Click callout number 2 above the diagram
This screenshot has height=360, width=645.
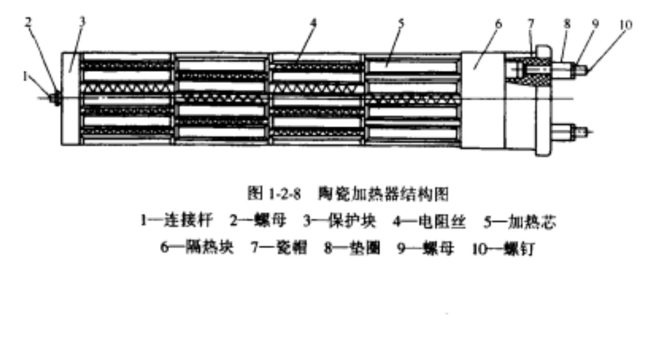point(28,22)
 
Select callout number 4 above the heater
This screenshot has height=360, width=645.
point(314,22)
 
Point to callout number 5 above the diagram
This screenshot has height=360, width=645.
point(401,22)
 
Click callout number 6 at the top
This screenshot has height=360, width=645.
point(499,23)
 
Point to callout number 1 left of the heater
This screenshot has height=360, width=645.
point(25,76)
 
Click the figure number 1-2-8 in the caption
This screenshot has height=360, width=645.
point(285,194)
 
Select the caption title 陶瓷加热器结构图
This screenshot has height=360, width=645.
point(384,194)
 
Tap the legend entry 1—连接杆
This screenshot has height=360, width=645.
point(176,221)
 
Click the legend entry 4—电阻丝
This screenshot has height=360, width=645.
point(429,221)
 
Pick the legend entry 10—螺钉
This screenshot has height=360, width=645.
point(503,249)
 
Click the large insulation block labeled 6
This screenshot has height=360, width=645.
point(483,99)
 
